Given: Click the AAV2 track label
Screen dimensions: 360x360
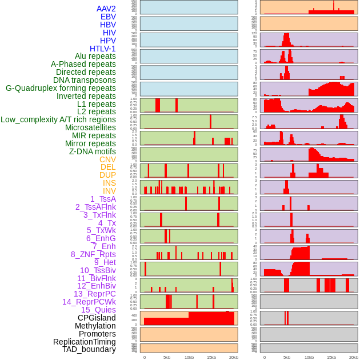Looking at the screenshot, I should tap(106, 9).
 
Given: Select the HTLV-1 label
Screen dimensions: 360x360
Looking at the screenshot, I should tap(102, 49).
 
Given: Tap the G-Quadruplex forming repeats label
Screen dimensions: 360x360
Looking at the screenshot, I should tap(61, 88).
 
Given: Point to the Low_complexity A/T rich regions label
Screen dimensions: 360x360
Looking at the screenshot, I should tap(58, 119).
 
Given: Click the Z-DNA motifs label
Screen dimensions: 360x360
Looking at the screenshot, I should tap(93, 151).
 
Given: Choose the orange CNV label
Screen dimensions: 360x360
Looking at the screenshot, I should tap(107, 159).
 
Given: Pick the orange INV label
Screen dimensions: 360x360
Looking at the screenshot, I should tap(109, 191).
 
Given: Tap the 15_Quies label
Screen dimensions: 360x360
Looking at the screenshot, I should tap(98, 310).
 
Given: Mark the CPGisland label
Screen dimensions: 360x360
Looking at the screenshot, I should tap(97, 318).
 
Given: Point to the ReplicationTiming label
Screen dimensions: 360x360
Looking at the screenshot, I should tap(84, 342).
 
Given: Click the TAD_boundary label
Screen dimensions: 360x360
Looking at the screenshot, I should tap(89, 349).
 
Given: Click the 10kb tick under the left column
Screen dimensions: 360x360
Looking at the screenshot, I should tap(189, 357).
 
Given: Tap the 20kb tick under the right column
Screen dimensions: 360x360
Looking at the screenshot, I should tap(354, 357).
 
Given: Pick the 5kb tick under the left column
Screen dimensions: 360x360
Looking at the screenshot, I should tap(167, 357).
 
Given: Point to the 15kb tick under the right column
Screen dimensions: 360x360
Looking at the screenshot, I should tap(331, 357).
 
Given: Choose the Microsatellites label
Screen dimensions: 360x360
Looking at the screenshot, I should tap(90, 127).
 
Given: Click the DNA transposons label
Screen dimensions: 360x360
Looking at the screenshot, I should tap(85, 80).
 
